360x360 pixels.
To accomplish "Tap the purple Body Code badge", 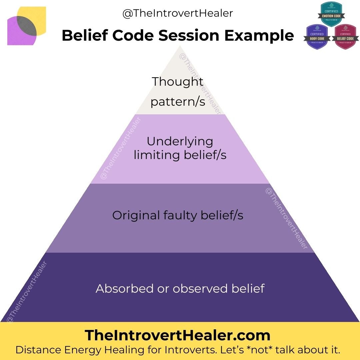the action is [316, 37].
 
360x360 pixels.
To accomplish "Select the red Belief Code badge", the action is [345, 37].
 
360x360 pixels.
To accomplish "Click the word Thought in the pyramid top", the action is [178, 82].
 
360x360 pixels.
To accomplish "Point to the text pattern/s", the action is [178, 101].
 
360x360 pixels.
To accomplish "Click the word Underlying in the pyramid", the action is [180, 141].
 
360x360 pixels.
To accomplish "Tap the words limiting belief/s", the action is [180, 155].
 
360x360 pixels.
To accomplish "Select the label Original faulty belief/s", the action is [178, 215].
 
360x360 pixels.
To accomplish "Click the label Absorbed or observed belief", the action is [180, 288].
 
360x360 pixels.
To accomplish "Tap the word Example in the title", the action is [259, 36].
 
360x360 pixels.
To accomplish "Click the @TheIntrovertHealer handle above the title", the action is [177, 13].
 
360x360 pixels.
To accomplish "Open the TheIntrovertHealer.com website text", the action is [177, 335].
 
